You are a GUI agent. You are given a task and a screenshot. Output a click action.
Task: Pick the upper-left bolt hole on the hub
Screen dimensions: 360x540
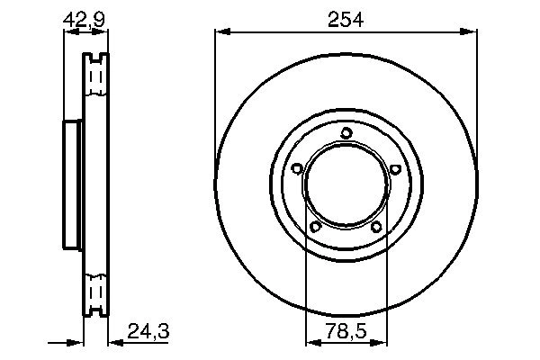pyautogui.click(x=297, y=167)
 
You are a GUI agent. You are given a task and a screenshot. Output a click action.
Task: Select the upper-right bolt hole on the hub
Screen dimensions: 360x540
pyautogui.click(x=396, y=167)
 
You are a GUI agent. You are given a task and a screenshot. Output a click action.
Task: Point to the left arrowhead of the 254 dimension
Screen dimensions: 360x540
pyautogui.click(x=221, y=32)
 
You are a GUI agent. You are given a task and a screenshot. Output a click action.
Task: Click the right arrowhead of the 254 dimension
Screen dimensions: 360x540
pyautogui.click(x=470, y=32)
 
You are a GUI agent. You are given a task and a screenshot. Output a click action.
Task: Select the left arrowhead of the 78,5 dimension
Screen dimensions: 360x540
pyautogui.click(x=311, y=342)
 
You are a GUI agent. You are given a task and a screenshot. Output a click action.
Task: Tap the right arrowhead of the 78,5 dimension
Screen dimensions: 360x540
pyautogui.click(x=382, y=342)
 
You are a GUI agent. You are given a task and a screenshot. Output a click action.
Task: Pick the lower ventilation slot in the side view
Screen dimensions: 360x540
pyautogui.click(x=94, y=293)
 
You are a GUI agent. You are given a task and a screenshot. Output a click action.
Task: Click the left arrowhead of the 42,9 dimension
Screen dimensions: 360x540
pyautogui.click(x=67, y=32)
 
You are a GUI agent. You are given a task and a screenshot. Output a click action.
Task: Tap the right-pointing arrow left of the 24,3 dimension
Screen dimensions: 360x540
pyautogui.click(x=76, y=342)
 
